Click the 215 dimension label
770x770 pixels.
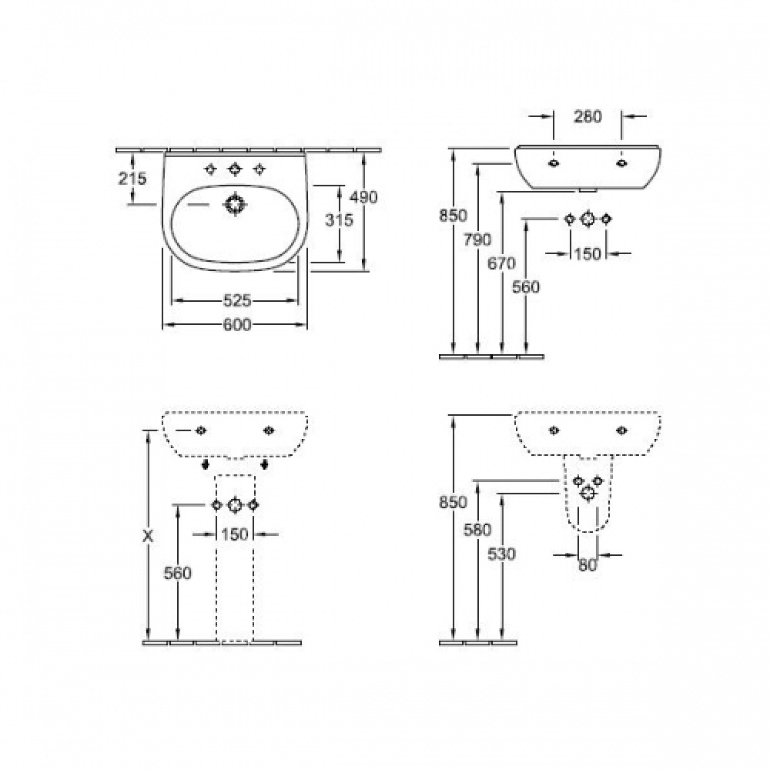pyautogui.click(x=132, y=178)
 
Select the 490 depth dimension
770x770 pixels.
pyautogui.click(x=363, y=197)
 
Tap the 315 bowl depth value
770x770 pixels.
pyautogui.click(x=338, y=220)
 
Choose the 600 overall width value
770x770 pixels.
pyautogui.click(x=236, y=325)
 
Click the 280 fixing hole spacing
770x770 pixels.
pyautogui.click(x=588, y=116)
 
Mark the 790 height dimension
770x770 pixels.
pyautogui.click(x=477, y=239)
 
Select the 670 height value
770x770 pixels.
pyautogui.click(x=501, y=263)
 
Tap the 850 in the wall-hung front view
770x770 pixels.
pyautogui.click(x=454, y=216)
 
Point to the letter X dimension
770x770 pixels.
pyautogui.click(x=147, y=536)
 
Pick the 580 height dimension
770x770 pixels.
pyautogui.click(x=477, y=530)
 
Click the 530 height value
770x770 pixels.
pyautogui.click(x=501, y=553)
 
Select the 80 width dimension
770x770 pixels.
pyautogui.click(x=588, y=564)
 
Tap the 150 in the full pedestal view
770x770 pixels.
pyautogui.click(x=235, y=534)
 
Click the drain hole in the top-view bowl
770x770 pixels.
pyautogui.click(x=234, y=205)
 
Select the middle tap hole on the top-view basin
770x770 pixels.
pyautogui.click(x=234, y=169)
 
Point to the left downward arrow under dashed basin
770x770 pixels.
pyautogui.click(x=206, y=465)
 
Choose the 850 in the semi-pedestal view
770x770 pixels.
pyautogui.click(x=454, y=502)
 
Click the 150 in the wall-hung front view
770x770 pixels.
pyautogui.click(x=588, y=253)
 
